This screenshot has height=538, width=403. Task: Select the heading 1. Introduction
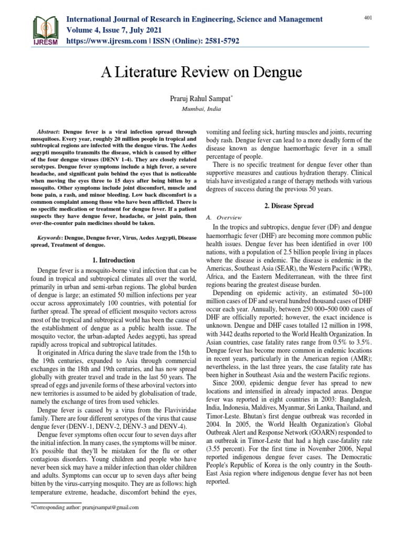click(x=113, y=260)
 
